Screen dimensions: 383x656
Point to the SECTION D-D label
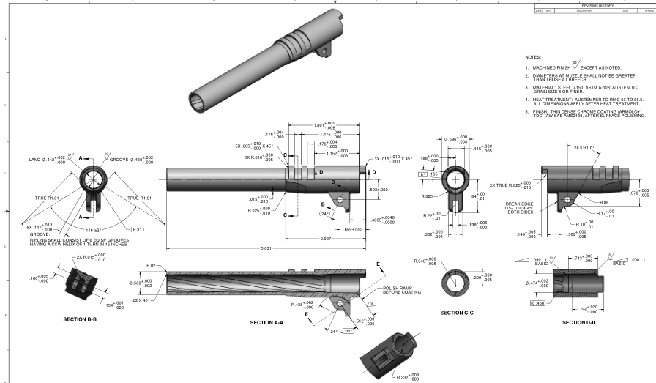[579, 322]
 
